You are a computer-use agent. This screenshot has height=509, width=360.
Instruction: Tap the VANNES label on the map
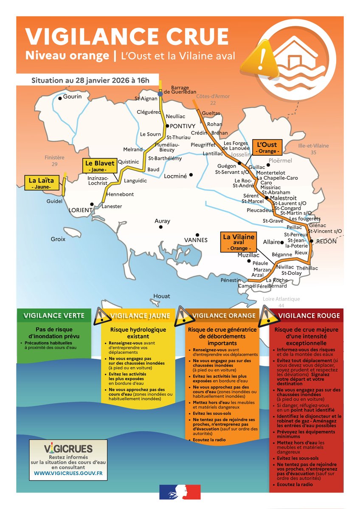click(x=196, y=240)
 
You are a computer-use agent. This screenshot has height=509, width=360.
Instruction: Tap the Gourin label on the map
click(x=73, y=97)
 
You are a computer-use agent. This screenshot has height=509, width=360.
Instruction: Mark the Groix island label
click(x=58, y=239)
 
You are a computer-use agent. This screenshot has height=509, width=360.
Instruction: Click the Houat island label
click(x=161, y=296)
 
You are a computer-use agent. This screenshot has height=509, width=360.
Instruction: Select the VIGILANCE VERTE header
click(x=54, y=315)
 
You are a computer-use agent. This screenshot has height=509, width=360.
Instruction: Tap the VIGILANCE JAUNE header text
click(x=141, y=316)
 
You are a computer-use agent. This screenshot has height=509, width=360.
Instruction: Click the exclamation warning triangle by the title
click(x=262, y=59)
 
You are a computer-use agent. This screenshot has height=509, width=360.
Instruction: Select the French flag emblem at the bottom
click(x=180, y=493)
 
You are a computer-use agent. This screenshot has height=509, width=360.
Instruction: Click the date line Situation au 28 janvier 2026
click(x=87, y=81)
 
